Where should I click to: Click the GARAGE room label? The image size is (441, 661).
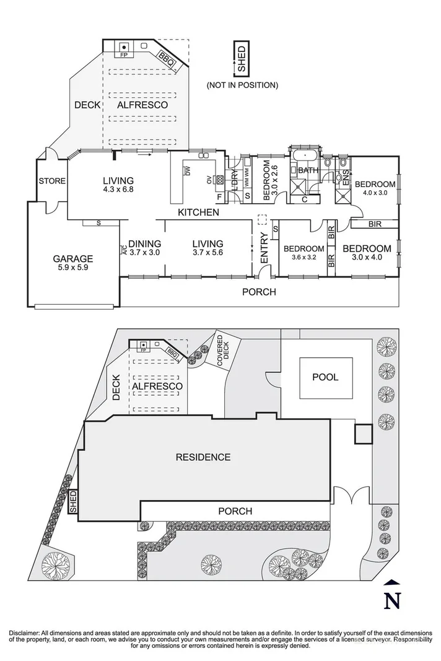coord(72,259)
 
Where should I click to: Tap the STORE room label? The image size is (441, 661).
coord(52,181)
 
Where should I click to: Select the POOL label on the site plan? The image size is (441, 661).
coord(325,377)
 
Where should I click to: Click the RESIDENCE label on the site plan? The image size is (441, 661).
coord(203,457)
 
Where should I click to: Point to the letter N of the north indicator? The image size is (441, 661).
coord(391,600)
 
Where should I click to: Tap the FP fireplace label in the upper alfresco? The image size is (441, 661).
coord(124,55)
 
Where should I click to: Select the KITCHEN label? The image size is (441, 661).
coord(198,212)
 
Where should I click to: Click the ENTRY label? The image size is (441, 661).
coord(264,247)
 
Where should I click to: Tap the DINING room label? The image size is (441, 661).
coord(144,244)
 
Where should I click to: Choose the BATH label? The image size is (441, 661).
coord(308,170)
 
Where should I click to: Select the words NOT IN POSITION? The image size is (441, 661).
coord(242,85)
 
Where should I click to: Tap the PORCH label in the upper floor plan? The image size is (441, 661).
coord(259,292)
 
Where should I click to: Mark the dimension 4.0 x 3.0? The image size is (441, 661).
coord(375,193)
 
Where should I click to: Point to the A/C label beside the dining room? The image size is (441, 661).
coord(124,251)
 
